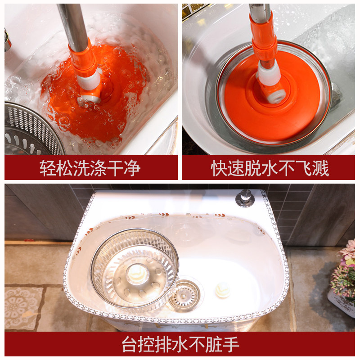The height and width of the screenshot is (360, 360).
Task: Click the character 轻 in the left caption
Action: [x=48, y=168]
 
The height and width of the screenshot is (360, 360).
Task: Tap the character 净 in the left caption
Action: [x=132, y=168]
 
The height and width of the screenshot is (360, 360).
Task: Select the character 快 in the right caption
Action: [x=219, y=168]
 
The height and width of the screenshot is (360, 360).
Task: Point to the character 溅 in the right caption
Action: [x=320, y=168]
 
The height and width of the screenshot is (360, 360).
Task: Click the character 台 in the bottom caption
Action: [x=130, y=344]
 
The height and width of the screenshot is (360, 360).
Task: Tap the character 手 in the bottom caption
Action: [x=231, y=344]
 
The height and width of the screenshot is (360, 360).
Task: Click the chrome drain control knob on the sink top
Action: [x=245, y=198]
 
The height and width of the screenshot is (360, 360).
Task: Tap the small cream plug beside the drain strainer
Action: [x=222, y=290]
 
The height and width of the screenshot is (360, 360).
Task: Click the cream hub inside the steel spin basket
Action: [x=137, y=273]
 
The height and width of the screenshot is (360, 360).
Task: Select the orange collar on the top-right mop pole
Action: [x=264, y=39]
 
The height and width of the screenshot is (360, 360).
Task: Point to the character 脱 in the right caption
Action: [x=253, y=168]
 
